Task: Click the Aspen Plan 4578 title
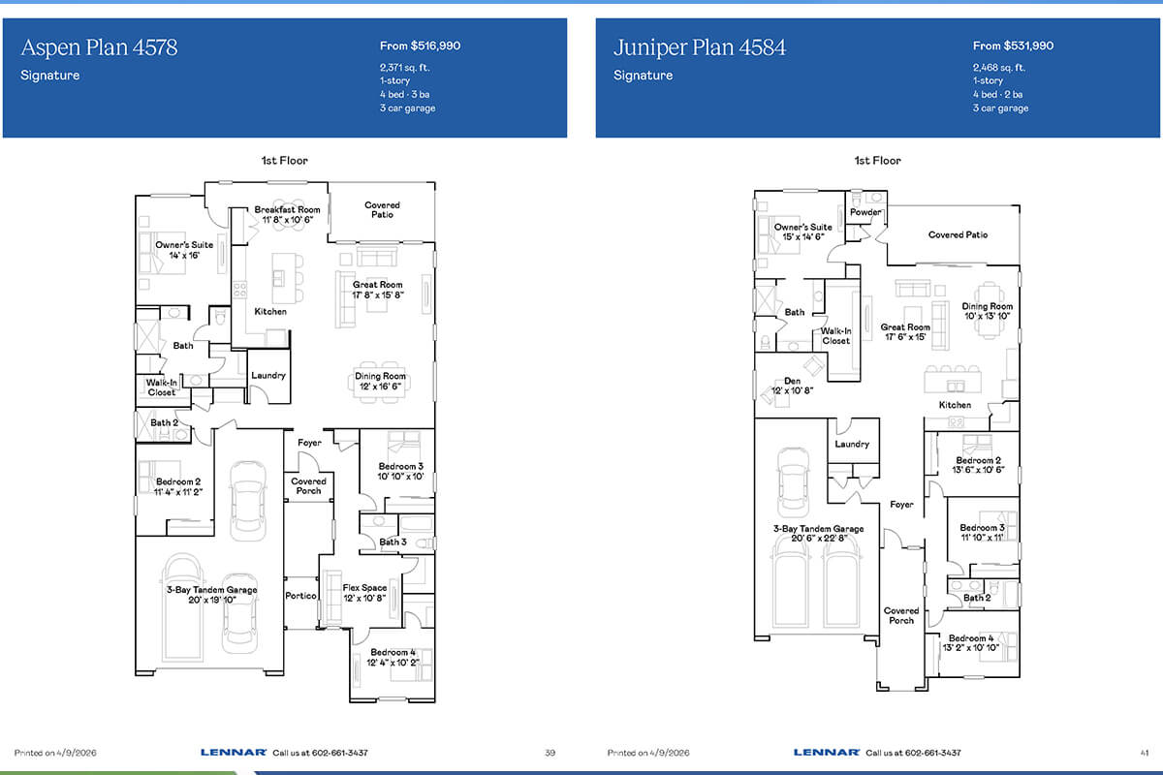[x=99, y=47]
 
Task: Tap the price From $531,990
[x=1013, y=46]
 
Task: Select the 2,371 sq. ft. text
[x=404, y=68]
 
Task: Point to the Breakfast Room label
[x=287, y=209]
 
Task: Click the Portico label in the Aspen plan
[x=300, y=596]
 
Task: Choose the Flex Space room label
[x=364, y=588]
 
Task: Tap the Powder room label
[x=864, y=212]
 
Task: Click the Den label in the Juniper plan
[x=793, y=381]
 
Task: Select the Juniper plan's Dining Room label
[x=987, y=306]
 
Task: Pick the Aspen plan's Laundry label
[x=267, y=375]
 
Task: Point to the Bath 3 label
[x=393, y=542]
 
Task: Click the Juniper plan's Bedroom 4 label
[x=971, y=638]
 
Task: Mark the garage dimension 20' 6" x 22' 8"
[x=819, y=539]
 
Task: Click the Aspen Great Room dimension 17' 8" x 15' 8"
[x=377, y=294]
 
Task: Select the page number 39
[x=550, y=753]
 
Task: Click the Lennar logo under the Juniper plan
[x=826, y=752]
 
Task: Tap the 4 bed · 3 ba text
[x=404, y=95]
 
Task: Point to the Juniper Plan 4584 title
[x=700, y=47]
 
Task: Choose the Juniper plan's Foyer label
[x=901, y=505]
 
